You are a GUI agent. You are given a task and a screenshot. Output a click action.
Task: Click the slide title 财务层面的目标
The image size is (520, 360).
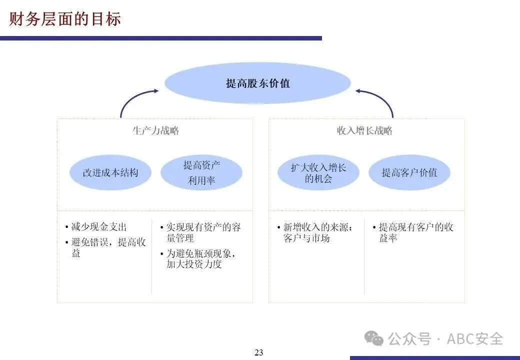(65, 19)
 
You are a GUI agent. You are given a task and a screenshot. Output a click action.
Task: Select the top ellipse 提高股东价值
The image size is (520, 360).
(257, 83)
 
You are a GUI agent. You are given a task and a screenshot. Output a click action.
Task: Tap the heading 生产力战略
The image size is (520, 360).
(155, 131)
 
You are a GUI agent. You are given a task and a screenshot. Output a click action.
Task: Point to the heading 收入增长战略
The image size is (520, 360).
(364, 131)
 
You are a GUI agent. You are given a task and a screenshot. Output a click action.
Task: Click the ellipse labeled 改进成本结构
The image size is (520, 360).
(110, 172)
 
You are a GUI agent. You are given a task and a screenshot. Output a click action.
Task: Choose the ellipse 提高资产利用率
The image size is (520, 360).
(201, 172)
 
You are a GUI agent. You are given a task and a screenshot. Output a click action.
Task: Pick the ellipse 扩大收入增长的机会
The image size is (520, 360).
(318, 172)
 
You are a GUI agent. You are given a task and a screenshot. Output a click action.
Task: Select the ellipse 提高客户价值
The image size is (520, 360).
(409, 172)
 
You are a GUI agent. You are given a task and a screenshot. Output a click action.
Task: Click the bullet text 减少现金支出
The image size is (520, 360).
(98, 227)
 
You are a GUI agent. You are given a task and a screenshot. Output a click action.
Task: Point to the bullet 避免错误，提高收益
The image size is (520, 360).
(108, 247)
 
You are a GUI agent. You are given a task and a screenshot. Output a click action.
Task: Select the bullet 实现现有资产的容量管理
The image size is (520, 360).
(203, 232)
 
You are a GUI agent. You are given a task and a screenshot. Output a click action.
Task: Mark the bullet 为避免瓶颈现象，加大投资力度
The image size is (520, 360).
(200, 259)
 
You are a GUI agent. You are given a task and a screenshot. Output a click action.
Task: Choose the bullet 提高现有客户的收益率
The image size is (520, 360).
(415, 232)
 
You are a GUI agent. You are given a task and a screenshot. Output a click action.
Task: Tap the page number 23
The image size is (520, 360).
(258, 352)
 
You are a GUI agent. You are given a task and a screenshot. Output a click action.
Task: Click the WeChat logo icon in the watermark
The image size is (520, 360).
(374, 338)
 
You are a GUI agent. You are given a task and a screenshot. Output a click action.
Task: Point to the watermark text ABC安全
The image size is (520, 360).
(474, 338)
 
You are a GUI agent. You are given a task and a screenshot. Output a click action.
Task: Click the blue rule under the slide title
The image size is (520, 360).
(160, 38)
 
